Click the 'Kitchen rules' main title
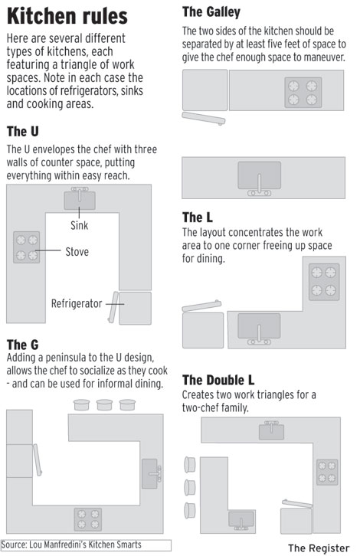[x=67, y=16]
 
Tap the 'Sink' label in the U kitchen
[x=79, y=225]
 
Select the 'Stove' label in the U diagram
[x=77, y=252]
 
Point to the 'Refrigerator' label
[x=77, y=303]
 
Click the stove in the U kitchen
[x=27, y=247]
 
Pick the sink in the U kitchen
[x=80, y=198]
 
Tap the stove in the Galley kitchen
[x=303, y=93]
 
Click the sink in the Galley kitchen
[x=259, y=178]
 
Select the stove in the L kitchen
[x=324, y=282]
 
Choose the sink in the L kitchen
[x=259, y=329]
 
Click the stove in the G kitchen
[x=88, y=519]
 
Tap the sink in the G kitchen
[x=152, y=474]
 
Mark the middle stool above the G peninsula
[x=105, y=404]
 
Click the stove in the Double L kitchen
[x=327, y=473]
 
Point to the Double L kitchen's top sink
[x=271, y=430]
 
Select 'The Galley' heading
[x=211, y=12]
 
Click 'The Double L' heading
[x=218, y=380]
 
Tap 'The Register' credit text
[x=319, y=548]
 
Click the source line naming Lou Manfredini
[x=71, y=545]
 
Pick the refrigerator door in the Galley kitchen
[x=204, y=119]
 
